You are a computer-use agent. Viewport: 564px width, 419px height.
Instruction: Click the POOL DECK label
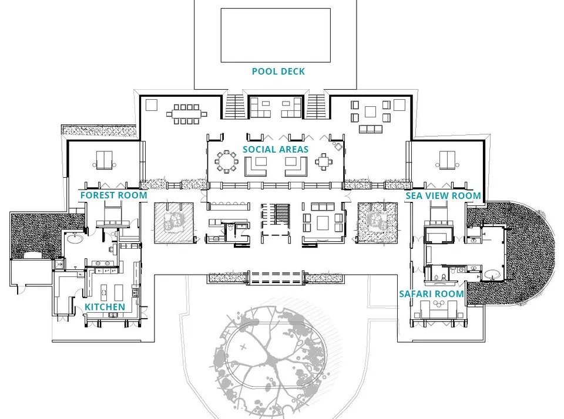(278, 72)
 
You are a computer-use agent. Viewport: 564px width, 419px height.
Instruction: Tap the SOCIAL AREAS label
(275, 149)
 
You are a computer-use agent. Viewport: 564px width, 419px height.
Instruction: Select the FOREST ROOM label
(113, 195)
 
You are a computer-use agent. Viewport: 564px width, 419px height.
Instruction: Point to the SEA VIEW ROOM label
(443, 195)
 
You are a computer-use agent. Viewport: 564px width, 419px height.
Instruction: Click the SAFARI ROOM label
(431, 293)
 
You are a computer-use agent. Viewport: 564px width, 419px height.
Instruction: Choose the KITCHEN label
(105, 307)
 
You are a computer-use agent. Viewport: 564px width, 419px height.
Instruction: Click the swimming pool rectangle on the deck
(275, 35)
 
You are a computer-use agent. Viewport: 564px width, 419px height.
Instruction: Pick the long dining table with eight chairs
(186, 114)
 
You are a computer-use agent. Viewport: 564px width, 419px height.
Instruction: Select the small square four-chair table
(324, 160)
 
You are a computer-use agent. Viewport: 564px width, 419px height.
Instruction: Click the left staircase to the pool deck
(235, 106)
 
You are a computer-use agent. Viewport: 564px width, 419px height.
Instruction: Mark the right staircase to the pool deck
(315, 106)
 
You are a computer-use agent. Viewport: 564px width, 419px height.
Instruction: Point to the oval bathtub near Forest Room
(75, 238)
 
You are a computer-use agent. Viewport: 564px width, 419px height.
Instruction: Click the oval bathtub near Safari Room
(491, 272)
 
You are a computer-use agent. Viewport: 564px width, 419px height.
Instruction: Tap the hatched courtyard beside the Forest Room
(174, 222)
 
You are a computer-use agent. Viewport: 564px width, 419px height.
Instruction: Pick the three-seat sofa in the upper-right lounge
(371, 129)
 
